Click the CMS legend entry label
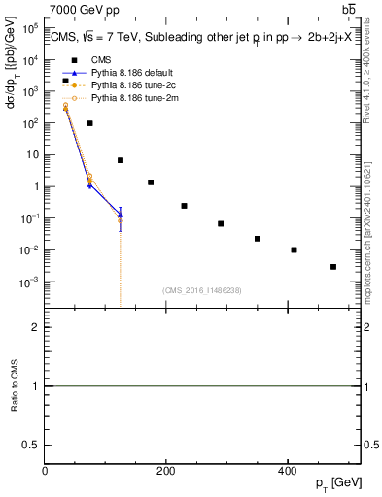click(x=100, y=59)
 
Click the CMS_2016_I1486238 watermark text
click(x=203, y=289)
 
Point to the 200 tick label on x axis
click(x=165, y=472)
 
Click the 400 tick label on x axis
click(x=286, y=472)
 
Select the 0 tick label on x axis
click(x=45, y=472)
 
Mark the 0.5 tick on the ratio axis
click(x=32, y=444)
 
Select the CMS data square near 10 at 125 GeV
click(x=121, y=160)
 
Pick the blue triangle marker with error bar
click(x=121, y=214)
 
